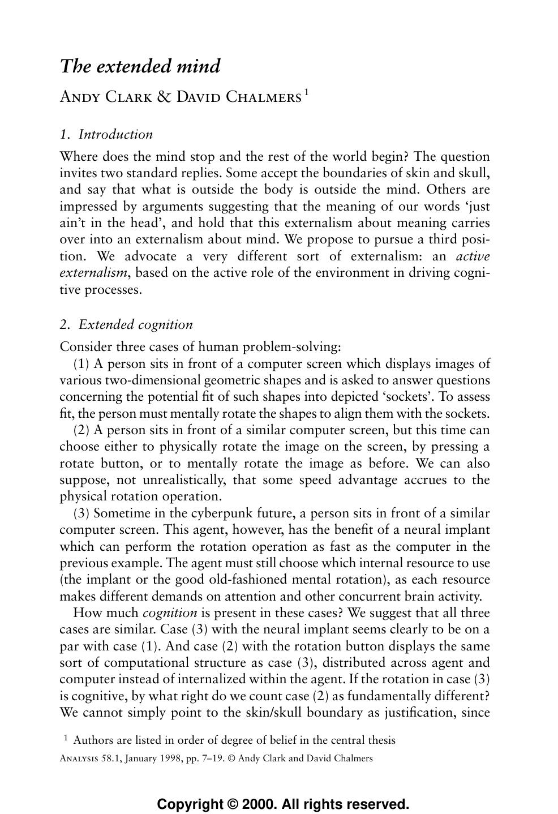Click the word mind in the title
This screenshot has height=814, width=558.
[x=198, y=67]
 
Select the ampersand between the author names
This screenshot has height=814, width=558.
[x=164, y=97]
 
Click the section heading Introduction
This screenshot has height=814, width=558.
[x=115, y=135]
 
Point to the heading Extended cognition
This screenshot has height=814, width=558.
[x=135, y=325]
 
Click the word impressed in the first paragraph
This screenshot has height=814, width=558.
[x=88, y=207]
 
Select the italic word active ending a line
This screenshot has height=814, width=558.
[x=473, y=256]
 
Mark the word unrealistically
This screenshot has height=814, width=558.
[x=163, y=480]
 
